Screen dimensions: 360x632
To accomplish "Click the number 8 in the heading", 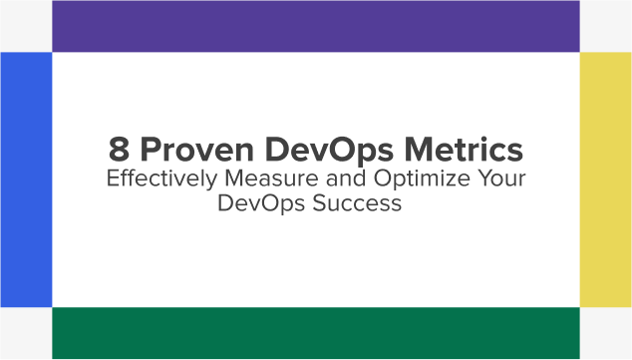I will click(x=120, y=151).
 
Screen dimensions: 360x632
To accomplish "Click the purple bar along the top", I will click(x=316, y=26).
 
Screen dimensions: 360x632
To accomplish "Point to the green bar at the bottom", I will click(x=316, y=334).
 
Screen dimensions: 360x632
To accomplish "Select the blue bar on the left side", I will click(x=26, y=180).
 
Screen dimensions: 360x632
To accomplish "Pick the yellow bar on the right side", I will click(x=606, y=180).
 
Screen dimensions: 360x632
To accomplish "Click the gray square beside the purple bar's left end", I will click(x=26, y=26).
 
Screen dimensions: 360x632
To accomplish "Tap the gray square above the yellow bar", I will click(x=606, y=26).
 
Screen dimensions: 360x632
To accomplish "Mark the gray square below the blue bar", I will click(x=26, y=334).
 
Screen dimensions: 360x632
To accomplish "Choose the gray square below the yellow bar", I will click(x=606, y=334).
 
